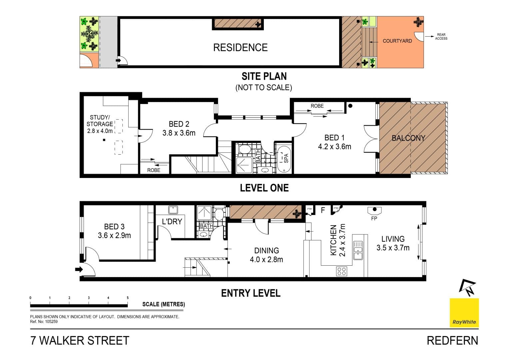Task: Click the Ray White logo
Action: click(464, 313)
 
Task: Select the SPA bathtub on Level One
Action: click(284, 159)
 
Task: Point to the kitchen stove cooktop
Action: click(341, 271)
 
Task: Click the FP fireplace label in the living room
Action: click(374, 219)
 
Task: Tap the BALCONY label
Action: click(408, 138)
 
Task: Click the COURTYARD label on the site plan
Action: click(397, 41)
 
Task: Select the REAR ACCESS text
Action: click(441, 37)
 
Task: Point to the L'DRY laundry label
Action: click(172, 221)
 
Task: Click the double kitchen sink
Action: click(358, 251)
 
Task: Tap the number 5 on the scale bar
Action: click(128, 298)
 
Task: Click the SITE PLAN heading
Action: click(264, 76)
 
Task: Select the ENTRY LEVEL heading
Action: click(251, 293)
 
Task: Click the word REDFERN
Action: click(452, 341)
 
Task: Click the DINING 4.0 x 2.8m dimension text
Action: click(266, 260)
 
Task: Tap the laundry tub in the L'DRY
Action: click(173, 210)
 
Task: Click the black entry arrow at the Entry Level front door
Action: click(79, 269)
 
